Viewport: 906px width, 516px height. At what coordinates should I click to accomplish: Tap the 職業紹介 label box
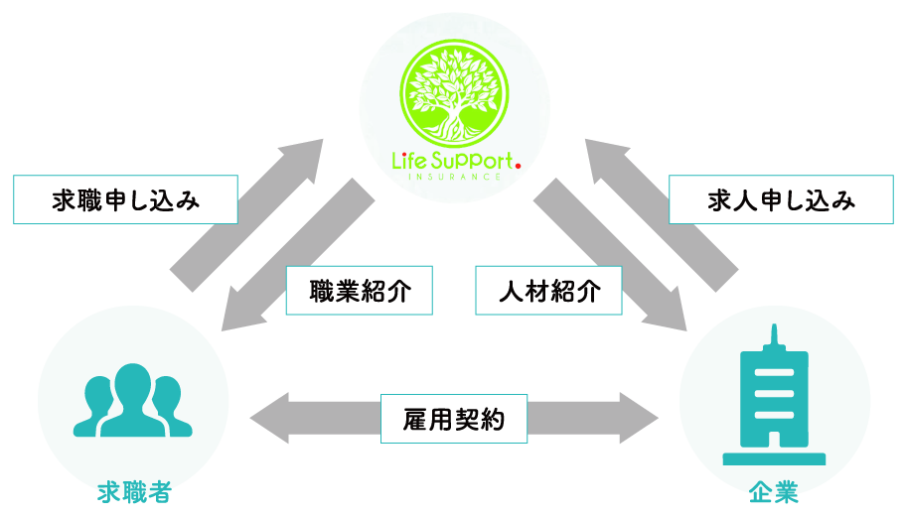pyautogui.click(x=359, y=291)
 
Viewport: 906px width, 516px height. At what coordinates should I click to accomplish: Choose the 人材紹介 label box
pyautogui.click(x=548, y=291)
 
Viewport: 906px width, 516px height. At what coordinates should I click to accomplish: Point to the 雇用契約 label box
pyautogui.click(x=454, y=420)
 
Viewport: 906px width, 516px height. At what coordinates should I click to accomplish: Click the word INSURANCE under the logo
pyautogui.click(x=455, y=177)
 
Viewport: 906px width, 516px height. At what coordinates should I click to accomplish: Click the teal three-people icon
pyautogui.click(x=132, y=400)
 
